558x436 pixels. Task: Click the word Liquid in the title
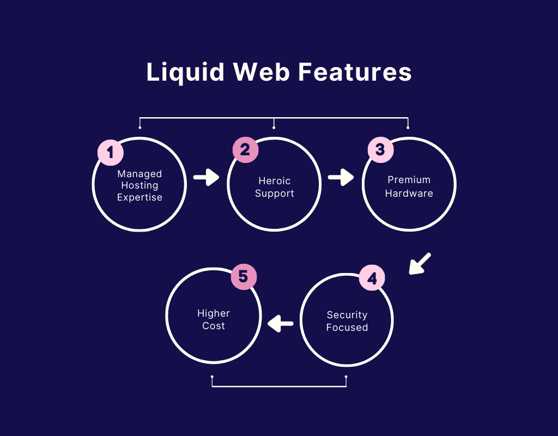(184, 72)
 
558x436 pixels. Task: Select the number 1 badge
(110, 152)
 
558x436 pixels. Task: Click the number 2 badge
(245, 149)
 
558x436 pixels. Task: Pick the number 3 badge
(380, 149)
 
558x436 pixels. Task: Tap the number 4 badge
(372, 279)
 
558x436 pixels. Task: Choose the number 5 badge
(244, 277)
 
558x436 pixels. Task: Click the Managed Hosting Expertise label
(139, 185)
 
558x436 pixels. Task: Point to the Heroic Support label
(275, 187)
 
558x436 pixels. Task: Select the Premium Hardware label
(409, 186)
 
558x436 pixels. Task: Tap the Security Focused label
(347, 321)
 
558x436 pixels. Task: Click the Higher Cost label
(214, 319)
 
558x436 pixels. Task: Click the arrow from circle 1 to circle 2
(206, 177)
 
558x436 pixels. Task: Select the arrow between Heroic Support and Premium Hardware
(341, 177)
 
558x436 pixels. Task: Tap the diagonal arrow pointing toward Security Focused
(420, 263)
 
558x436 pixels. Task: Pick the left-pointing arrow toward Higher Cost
(281, 324)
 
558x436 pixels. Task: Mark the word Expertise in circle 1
(139, 197)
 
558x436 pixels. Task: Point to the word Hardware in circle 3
(409, 193)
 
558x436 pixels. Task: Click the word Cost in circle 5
(214, 326)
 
